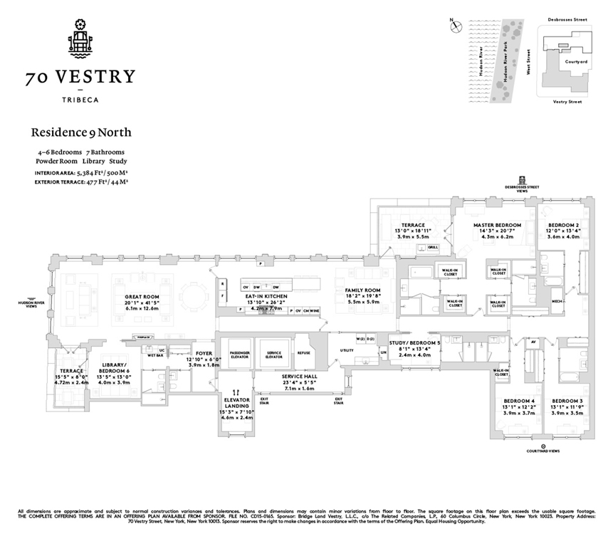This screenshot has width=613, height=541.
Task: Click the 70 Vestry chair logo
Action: (x=80, y=36)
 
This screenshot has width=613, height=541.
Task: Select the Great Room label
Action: (x=142, y=296)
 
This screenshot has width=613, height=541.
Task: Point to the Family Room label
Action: (x=363, y=290)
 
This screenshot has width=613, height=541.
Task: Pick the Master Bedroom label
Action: (x=498, y=225)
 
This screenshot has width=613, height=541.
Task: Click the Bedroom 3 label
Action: (x=567, y=400)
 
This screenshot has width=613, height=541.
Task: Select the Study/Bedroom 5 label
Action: (x=414, y=342)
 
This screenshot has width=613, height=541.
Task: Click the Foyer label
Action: (x=204, y=352)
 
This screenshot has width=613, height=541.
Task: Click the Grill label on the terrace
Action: (x=434, y=247)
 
